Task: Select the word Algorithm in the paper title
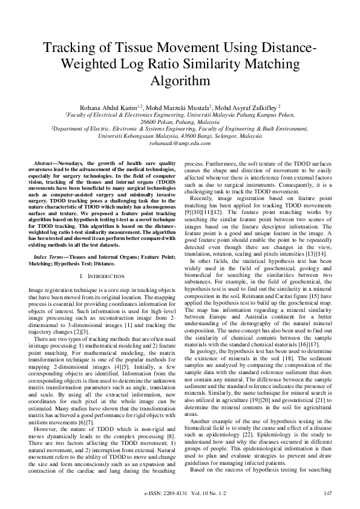[x=180, y=80]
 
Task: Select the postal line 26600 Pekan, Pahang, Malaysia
[x=180, y=121]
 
